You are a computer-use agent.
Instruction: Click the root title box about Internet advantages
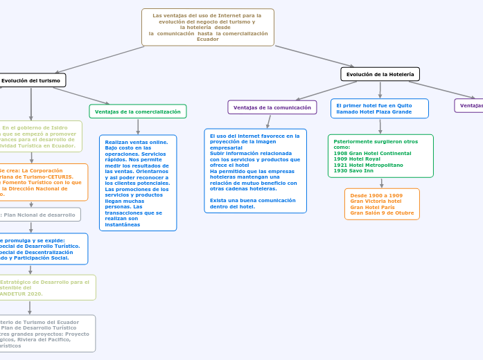[208, 27]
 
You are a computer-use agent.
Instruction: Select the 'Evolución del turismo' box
[31, 80]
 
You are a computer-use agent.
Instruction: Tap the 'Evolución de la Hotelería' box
[380, 74]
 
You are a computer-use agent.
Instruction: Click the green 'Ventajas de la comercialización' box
[137, 111]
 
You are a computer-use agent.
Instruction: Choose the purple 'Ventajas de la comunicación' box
[272, 107]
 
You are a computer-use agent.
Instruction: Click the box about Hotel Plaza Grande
[379, 109]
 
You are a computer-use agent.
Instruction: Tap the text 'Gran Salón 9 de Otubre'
[382, 213]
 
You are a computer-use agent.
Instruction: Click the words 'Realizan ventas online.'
[136, 142]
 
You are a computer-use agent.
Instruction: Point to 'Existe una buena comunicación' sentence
[252, 200]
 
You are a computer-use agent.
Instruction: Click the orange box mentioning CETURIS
[42, 181]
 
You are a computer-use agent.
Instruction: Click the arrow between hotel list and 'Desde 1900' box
[381, 183]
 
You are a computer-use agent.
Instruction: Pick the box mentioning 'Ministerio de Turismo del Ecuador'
[46, 333]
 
